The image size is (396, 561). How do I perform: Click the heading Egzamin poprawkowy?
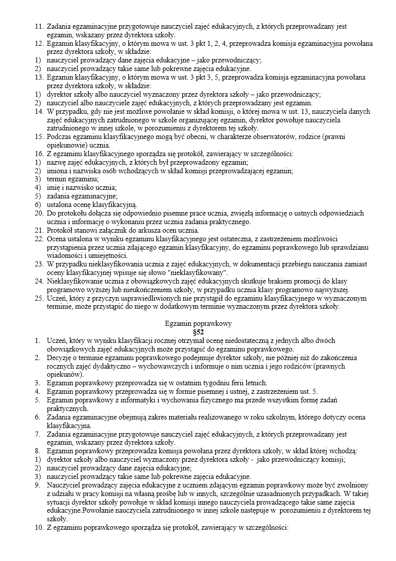[198, 324]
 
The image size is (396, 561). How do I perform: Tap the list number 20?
[39, 213]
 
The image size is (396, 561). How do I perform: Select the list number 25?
[39, 298]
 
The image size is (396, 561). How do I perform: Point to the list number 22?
[39, 238]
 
